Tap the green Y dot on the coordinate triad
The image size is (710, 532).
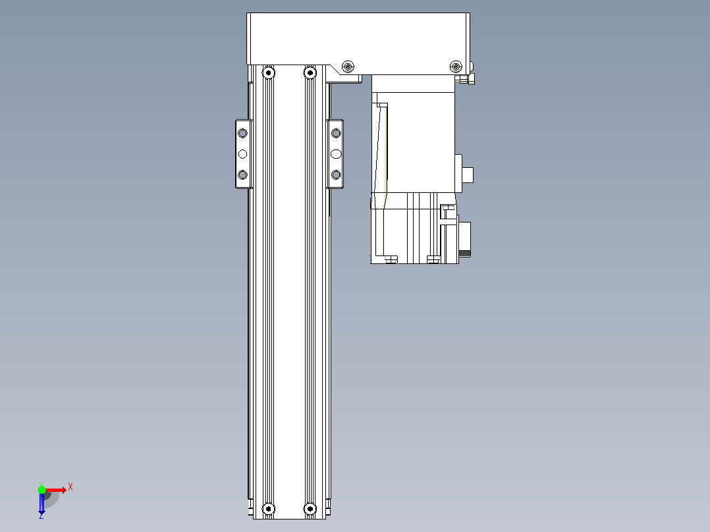pos(41,490)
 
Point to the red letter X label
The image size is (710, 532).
pos(70,487)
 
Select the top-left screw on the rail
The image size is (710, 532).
pos(269,72)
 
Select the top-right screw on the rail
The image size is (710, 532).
pos(310,72)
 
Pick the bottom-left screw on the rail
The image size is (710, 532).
pos(269,509)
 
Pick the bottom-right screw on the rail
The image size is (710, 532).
pos(310,509)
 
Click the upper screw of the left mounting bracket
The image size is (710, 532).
pos(242,133)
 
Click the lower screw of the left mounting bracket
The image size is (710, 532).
pos(242,174)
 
